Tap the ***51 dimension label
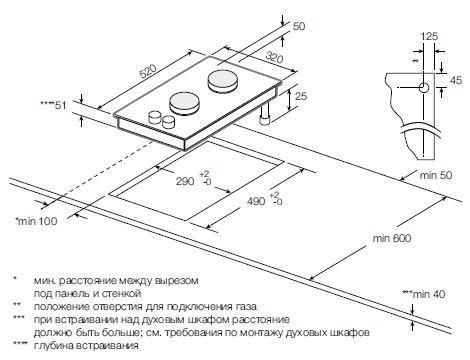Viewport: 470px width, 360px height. point(52,103)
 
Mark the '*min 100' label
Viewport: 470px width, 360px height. point(35,220)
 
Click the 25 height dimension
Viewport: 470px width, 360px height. point(300,97)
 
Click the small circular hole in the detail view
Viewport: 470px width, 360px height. point(423,87)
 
